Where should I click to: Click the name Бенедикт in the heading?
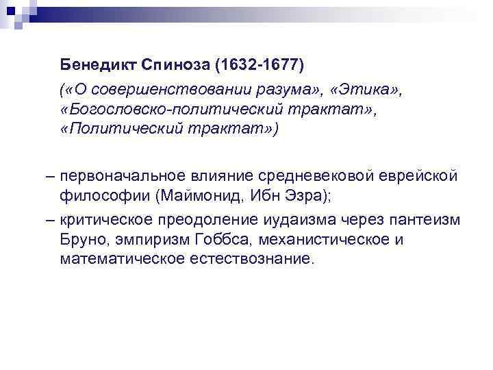coord(98,66)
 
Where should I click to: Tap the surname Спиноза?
coord(175,66)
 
